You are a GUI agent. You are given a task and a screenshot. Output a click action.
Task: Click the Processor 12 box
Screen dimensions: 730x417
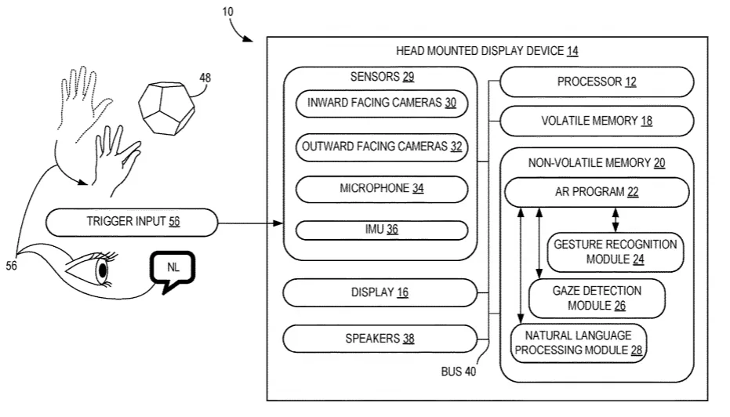(597, 82)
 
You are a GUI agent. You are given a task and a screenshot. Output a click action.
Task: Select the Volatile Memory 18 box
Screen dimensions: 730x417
(597, 121)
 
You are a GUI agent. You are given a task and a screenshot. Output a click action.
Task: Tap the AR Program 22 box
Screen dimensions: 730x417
(597, 192)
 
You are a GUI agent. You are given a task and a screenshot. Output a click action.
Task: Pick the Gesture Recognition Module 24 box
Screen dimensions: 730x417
(615, 252)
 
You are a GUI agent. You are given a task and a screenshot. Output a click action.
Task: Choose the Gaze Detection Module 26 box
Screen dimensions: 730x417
(597, 299)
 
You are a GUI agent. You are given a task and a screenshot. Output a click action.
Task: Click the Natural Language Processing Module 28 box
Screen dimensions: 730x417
(579, 343)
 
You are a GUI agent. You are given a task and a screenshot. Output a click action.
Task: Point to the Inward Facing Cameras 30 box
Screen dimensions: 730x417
(382, 103)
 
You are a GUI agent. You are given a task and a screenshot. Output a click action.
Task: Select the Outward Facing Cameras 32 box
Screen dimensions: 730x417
(382, 147)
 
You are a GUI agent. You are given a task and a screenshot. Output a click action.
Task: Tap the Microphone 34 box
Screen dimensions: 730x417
(382, 189)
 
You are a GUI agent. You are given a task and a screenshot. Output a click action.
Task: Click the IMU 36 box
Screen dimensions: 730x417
(382, 230)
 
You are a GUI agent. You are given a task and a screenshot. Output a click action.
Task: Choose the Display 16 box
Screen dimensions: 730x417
(380, 292)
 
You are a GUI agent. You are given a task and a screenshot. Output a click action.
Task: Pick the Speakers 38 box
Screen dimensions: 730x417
(380, 339)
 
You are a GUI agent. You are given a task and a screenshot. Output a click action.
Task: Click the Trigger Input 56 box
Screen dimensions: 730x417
(132, 222)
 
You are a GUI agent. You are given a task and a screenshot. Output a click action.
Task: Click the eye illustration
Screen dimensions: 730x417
(92, 268)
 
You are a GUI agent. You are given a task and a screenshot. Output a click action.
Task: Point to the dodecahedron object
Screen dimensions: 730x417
(167, 108)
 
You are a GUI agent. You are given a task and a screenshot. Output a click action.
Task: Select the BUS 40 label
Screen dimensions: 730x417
(459, 372)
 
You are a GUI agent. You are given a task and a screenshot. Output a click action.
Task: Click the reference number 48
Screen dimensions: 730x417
(205, 78)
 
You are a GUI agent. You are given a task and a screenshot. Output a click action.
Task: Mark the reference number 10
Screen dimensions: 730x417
(227, 11)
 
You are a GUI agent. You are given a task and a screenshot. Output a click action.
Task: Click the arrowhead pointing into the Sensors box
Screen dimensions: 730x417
(278, 223)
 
